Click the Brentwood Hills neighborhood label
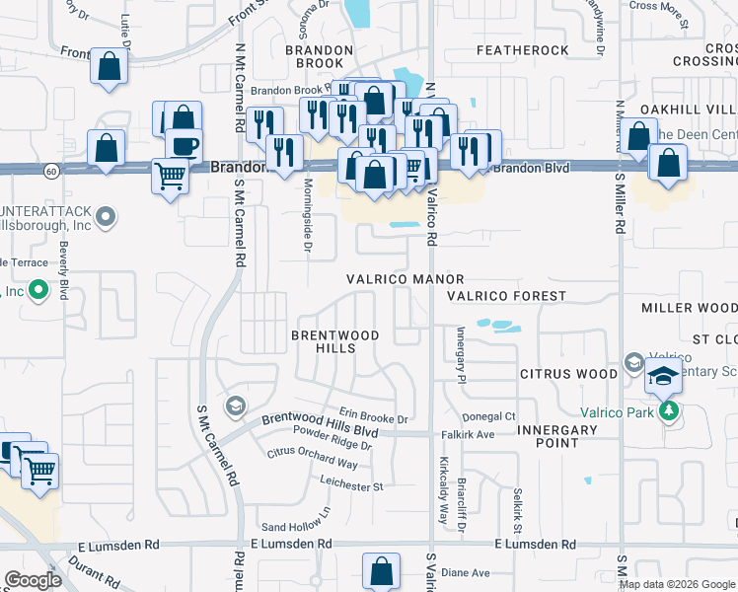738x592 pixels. point(334,341)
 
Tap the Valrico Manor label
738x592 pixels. point(404,280)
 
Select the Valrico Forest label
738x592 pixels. point(506,296)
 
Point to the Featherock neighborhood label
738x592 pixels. point(522,50)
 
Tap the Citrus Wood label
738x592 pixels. point(567,374)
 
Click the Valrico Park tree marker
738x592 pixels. point(670,410)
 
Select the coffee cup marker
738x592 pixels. point(183,144)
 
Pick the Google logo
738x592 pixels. point(33,580)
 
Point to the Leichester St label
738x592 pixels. point(350,486)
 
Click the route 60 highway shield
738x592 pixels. point(49,171)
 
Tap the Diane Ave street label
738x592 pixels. point(465,573)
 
